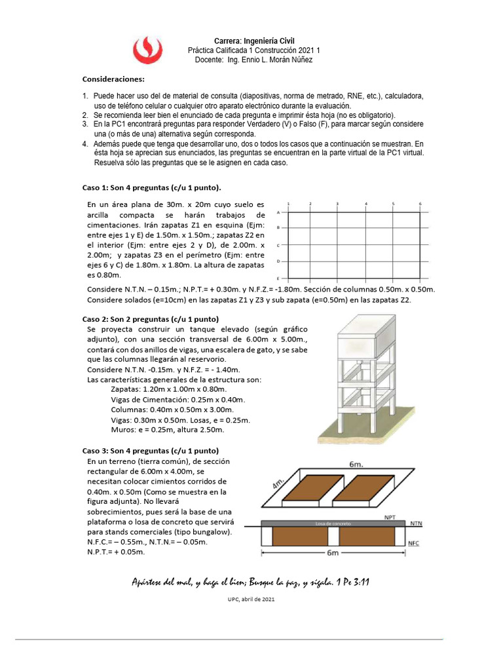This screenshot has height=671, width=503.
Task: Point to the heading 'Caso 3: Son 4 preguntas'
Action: point(150,451)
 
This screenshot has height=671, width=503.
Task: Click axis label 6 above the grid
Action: point(420,204)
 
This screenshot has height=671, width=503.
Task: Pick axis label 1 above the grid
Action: point(288,204)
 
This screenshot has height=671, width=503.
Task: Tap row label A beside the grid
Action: point(279,212)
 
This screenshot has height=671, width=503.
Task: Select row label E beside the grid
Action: point(279,278)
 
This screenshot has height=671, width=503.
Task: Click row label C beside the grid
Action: point(279,245)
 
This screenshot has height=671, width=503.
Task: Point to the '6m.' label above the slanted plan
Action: point(356,464)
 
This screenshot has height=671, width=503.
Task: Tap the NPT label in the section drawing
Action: point(389,516)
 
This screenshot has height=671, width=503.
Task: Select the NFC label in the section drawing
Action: point(414,544)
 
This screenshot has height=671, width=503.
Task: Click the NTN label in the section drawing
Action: point(415,524)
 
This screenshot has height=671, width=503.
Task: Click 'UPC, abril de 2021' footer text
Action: point(251,600)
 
